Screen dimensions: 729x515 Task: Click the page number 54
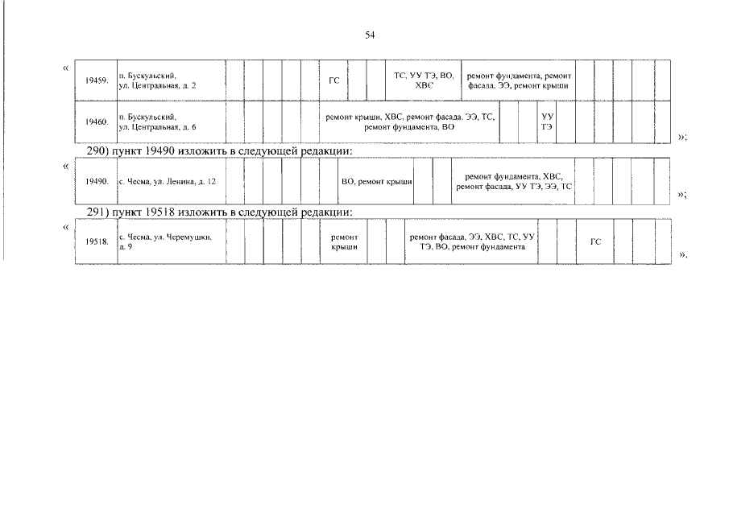(x=370, y=35)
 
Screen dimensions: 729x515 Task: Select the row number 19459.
(x=97, y=80)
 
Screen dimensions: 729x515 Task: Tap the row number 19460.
(x=97, y=122)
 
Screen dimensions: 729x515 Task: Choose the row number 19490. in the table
(x=97, y=182)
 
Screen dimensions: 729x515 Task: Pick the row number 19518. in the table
(x=97, y=242)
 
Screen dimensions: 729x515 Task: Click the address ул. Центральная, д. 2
(x=158, y=86)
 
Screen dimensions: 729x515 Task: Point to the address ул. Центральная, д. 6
(x=158, y=127)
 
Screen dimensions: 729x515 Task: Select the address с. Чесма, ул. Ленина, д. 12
(x=168, y=182)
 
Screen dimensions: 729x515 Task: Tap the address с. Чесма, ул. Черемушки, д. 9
(x=165, y=242)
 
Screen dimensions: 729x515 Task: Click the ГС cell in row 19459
(x=333, y=80)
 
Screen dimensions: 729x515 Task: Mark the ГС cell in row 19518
(x=595, y=242)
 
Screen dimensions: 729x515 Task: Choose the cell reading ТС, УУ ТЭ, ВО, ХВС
(x=424, y=80)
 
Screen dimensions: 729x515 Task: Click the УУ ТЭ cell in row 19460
(x=547, y=122)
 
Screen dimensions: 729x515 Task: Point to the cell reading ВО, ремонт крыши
(x=377, y=182)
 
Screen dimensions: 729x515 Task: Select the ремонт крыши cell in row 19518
(x=344, y=242)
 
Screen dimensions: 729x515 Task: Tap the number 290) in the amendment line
(x=97, y=151)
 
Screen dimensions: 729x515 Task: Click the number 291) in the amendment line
(x=97, y=212)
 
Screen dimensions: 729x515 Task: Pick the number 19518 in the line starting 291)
(x=159, y=212)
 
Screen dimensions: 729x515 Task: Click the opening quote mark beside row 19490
(x=65, y=167)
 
